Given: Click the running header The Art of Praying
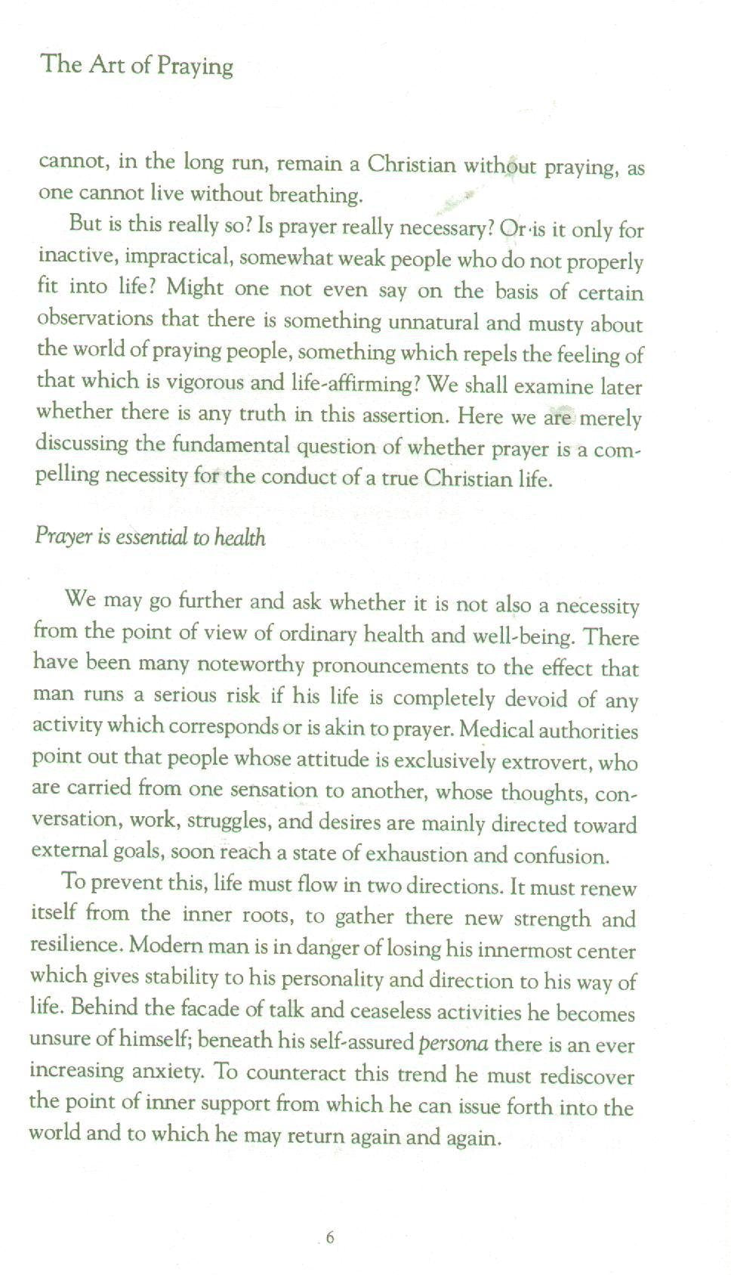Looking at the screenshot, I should click(x=137, y=65).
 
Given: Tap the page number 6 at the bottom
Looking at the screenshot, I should click(x=330, y=1238).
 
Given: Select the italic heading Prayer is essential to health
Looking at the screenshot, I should click(x=150, y=537).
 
